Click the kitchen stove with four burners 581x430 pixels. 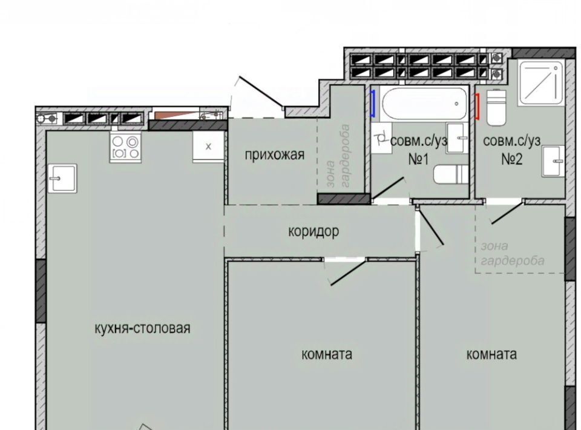pos(125,147)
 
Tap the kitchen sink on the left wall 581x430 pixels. pos(62,178)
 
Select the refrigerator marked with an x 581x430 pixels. pos(208,147)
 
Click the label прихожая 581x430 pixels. pos(275,155)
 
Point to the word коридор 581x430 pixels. pos(313,231)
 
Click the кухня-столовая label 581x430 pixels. pos(143,328)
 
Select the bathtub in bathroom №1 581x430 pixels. pos(423,103)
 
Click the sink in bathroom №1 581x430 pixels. pos(458,138)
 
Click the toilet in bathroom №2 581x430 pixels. pos(496,108)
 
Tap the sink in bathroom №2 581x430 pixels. pos(553,161)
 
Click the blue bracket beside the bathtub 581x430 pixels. pos(373,104)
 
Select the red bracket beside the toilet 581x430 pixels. pos(478,107)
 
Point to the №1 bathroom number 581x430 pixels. pos(418,159)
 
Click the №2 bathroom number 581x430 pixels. pos(512,159)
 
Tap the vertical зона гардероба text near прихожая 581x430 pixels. pos(338,156)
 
